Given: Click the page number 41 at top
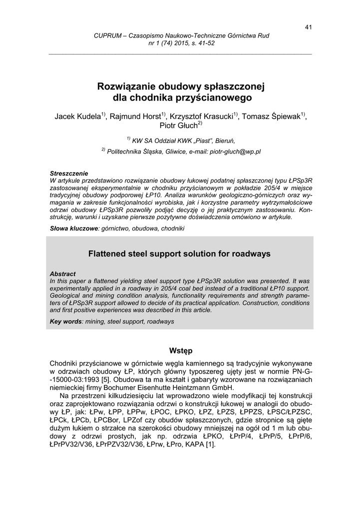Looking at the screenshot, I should [x=308, y=27].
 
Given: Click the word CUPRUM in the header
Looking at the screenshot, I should [x=107, y=36].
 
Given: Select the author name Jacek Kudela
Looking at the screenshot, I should [x=77, y=116].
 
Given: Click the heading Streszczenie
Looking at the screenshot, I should [x=69, y=172].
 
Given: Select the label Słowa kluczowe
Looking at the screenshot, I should [x=75, y=228].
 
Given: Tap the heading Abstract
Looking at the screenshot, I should [x=63, y=274].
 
